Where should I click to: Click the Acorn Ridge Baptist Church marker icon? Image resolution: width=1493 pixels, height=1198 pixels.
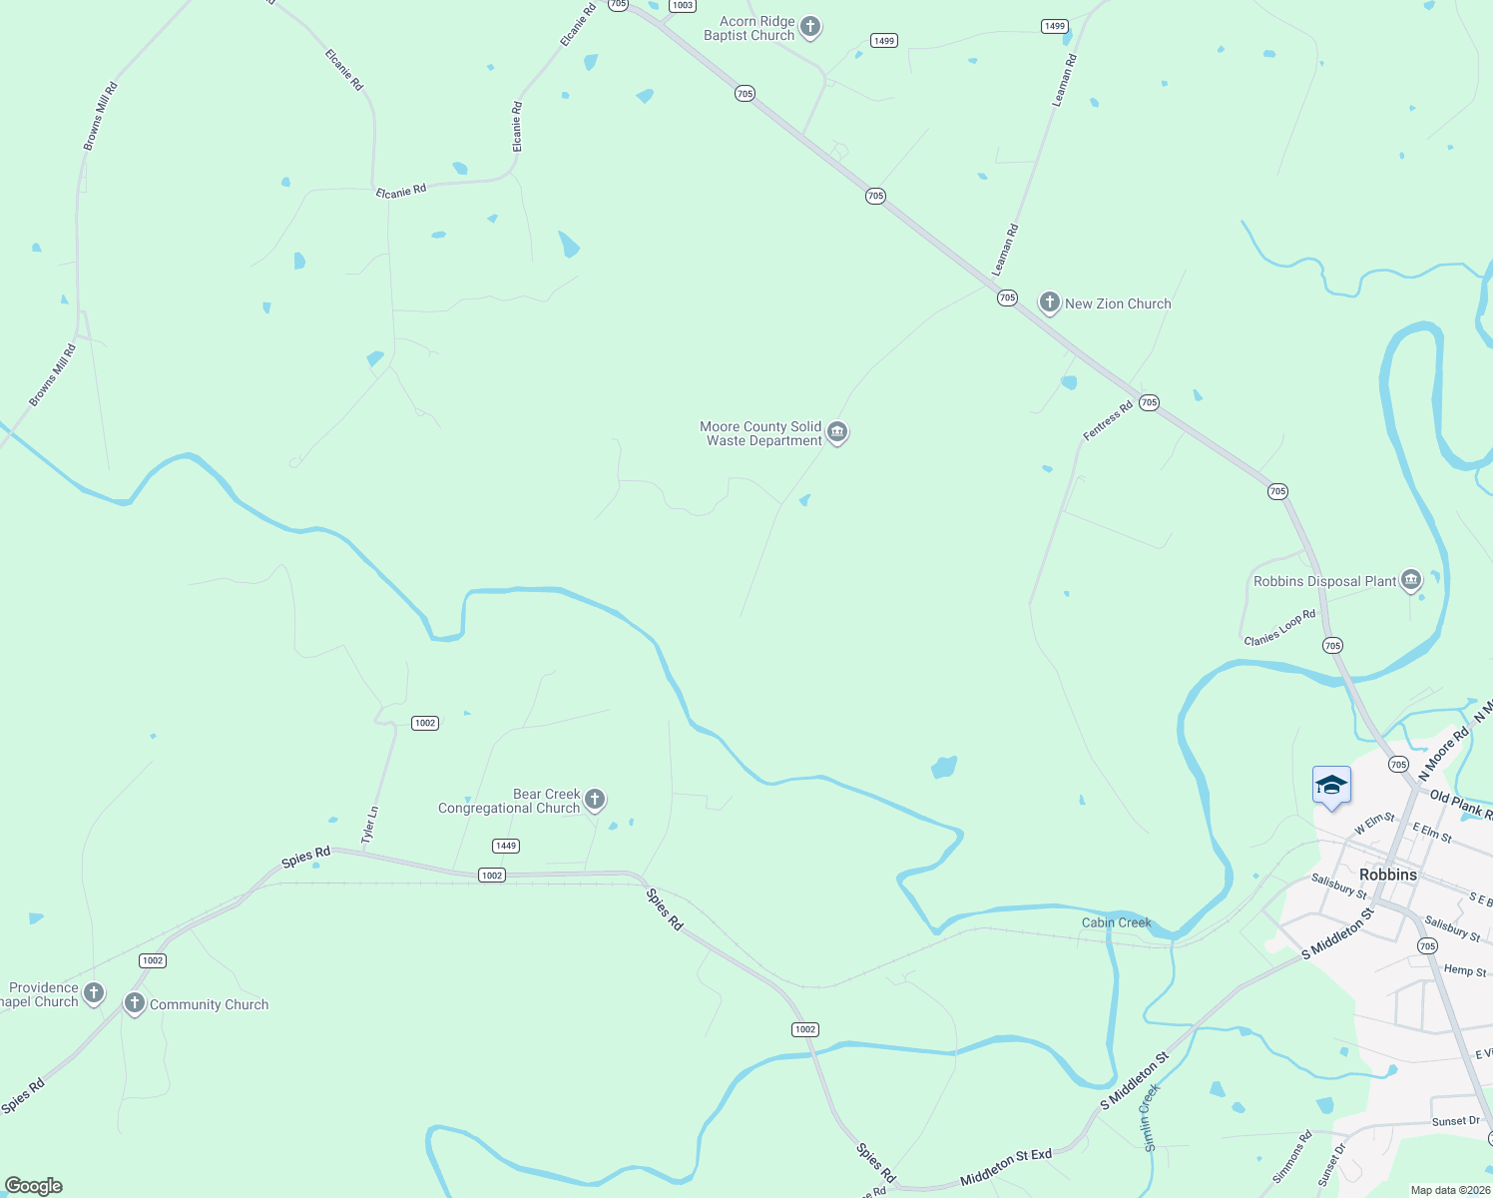pos(810,27)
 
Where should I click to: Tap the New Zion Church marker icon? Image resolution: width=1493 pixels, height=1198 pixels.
pos(1049,302)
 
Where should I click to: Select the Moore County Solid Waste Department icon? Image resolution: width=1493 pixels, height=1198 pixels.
pos(837,432)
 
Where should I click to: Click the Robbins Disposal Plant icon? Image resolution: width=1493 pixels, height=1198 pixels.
pos(1410,579)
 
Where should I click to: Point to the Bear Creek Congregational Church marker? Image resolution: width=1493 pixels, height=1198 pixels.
pos(595,799)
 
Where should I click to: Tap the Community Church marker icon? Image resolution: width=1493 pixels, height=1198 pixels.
pos(134,1002)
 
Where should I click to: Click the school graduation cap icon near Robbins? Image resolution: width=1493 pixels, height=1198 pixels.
pos(1331,786)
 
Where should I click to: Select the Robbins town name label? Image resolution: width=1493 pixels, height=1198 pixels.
pos(1387,875)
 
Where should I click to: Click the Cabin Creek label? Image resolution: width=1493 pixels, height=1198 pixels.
pos(1116,922)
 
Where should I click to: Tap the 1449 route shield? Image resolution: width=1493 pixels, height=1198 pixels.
pos(506,846)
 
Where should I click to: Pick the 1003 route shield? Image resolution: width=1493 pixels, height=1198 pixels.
pos(682,5)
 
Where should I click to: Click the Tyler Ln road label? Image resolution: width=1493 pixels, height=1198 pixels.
pos(370,826)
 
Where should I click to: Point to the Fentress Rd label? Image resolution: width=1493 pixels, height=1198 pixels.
pos(1108,420)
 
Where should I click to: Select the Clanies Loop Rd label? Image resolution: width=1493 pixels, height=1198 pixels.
pos(1279,627)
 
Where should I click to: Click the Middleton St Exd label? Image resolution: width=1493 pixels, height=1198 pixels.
pos(1006,1167)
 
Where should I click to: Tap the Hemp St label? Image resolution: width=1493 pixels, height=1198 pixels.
pos(1464,970)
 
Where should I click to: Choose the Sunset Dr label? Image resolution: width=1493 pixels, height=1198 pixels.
pos(1455,1121)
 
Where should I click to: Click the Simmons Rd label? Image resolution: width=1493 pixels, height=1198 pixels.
pos(1292,1156)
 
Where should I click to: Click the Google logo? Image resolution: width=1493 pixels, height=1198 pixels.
pos(33,1186)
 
